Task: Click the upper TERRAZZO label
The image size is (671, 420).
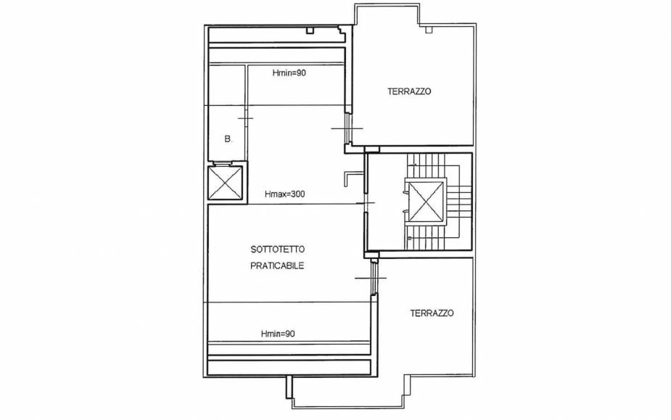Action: click(409, 91)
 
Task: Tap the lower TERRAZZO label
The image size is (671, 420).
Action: click(432, 313)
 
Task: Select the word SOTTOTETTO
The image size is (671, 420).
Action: click(278, 249)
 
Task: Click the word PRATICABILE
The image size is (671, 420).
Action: click(277, 265)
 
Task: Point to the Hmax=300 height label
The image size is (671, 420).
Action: click(284, 194)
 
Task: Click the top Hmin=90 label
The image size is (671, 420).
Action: click(289, 73)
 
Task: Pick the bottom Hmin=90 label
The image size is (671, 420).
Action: click(278, 334)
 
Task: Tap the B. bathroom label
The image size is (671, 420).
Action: click(228, 139)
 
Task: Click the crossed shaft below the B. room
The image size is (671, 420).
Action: click(225, 183)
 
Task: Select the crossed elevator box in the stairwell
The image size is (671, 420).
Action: click(426, 201)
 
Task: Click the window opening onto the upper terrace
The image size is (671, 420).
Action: click(348, 128)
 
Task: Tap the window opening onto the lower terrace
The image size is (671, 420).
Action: click(374, 278)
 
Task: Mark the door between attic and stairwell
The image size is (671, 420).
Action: click(366, 203)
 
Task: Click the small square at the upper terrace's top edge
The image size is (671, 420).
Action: click(429, 30)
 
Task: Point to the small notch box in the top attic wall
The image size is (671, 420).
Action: click(310, 30)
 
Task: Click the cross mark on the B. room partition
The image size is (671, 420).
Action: click(246, 118)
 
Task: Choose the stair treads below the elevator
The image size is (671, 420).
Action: click(426, 237)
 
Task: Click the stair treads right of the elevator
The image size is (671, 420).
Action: click(458, 201)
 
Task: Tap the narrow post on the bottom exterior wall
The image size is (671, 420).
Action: click(289, 387)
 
